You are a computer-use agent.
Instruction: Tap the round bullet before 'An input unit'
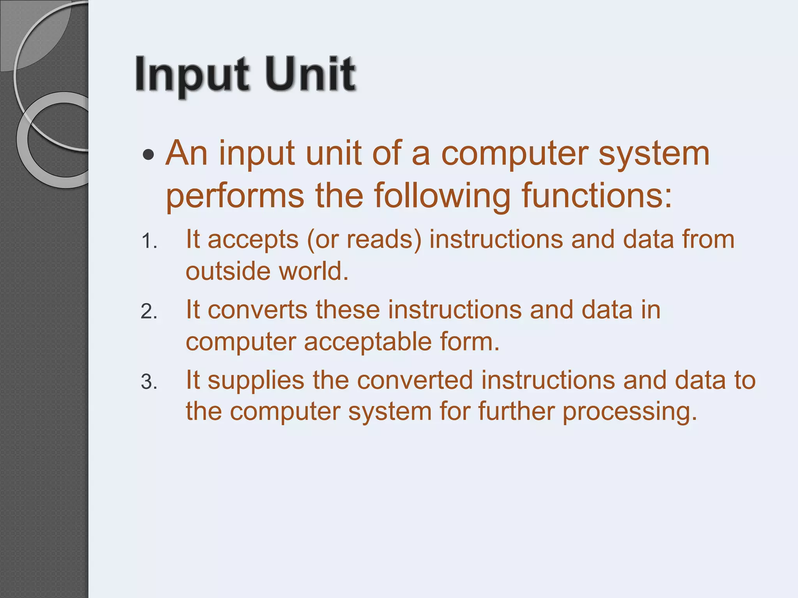point(148,155)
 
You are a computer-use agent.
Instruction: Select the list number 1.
point(148,241)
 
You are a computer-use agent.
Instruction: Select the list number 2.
point(148,312)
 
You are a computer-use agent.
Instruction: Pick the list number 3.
point(148,382)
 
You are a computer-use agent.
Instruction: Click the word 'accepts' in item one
point(253,240)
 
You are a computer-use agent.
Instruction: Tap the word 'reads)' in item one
point(384,239)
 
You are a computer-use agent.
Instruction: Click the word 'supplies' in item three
point(256,381)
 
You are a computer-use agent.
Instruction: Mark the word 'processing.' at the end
point(630,412)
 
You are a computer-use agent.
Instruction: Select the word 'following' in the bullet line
point(442,196)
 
